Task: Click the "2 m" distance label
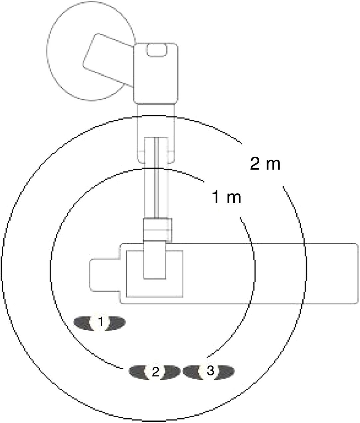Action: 265,164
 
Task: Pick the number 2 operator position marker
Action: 155,372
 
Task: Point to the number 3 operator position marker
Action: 209,370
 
